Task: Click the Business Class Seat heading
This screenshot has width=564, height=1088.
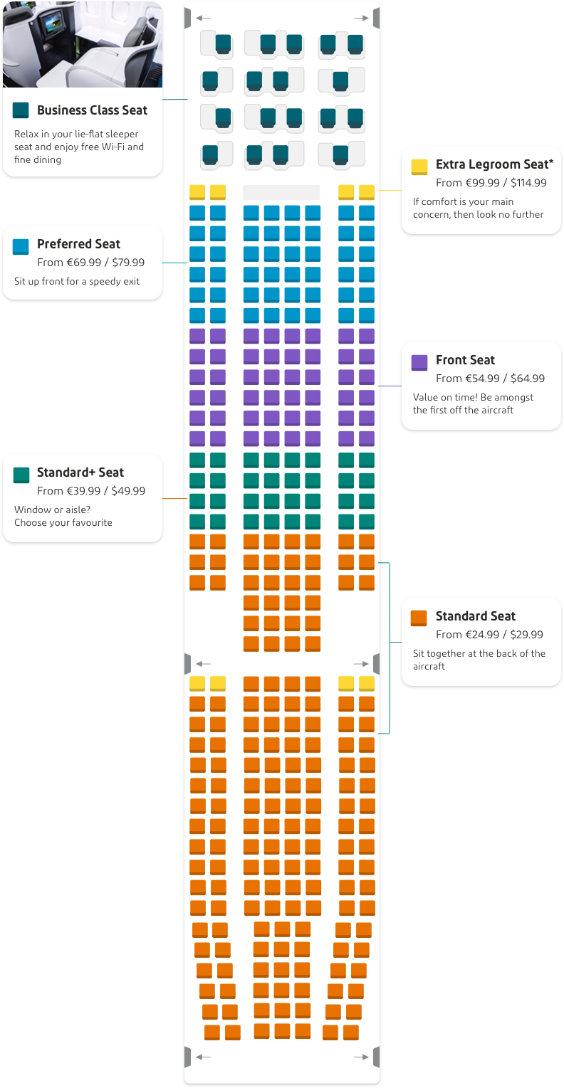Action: coord(92,110)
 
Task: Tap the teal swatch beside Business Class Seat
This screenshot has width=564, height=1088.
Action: coord(21,110)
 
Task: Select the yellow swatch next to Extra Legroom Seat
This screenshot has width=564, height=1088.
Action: coord(419,167)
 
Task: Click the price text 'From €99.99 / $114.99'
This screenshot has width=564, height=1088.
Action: coord(491,183)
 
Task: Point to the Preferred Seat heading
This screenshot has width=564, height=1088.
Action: coord(78,244)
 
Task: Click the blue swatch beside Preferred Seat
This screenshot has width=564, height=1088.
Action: coord(21,247)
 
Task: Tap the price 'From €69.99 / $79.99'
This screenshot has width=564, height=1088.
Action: coord(91,263)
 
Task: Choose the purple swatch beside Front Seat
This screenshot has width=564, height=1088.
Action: coord(419,362)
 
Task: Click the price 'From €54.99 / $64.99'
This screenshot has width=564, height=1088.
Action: coord(490,379)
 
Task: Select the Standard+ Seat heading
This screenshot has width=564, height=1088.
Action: coord(80,472)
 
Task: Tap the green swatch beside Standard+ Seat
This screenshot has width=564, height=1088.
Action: coord(21,475)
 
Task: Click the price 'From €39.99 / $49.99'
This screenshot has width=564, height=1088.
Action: coord(91,490)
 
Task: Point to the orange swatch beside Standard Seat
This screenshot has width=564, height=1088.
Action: coord(419,618)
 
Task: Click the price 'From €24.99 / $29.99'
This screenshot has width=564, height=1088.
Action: coord(489,634)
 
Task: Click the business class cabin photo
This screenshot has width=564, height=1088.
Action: coord(83,45)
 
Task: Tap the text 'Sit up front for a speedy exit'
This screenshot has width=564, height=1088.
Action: coord(77,281)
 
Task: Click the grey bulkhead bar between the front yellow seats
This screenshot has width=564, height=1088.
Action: coord(281,192)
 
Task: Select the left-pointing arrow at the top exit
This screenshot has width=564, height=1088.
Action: coord(203,18)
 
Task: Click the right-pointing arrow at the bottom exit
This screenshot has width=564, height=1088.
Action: coord(361,1057)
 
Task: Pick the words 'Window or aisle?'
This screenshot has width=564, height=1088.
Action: coord(52,509)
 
